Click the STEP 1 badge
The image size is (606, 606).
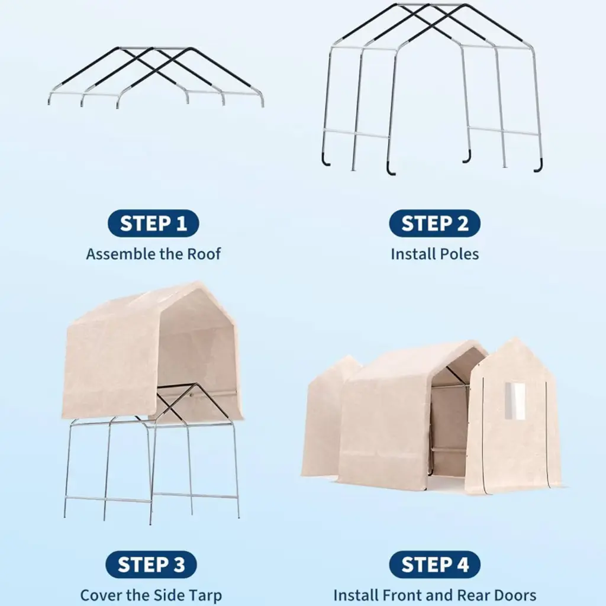(x=153, y=223)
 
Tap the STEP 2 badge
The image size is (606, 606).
(x=435, y=223)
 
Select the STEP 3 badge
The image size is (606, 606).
(x=151, y=565)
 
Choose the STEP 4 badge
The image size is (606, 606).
(x=435, y=565)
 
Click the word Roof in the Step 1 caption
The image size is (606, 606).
(x=204, y=254)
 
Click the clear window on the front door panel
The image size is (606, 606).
(x=515, y=401)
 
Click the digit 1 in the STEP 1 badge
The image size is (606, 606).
(x=182, y=223)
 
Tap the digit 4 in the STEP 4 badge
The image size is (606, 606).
(x=462, y=565)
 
